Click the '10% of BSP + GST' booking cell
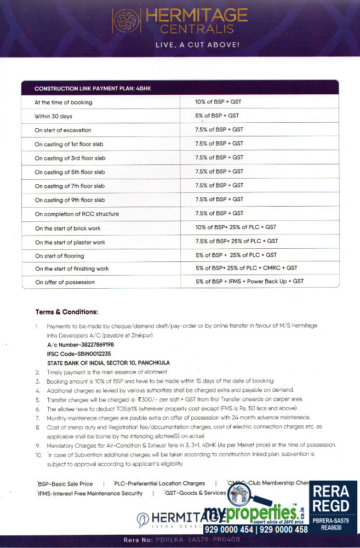click(x=219, y=102)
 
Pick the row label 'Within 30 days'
click(x=53, y=116)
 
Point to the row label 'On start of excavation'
click(x=63, y=130)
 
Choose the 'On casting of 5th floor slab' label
click(x=70, y=172)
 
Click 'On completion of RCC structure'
click(x=77, y=214)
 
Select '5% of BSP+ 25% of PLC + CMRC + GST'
click(x=246, y=268)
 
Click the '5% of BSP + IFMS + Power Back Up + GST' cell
click(x=249, y=281)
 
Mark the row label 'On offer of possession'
click(x=65, y=282)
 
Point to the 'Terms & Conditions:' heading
click(x=67, y=312)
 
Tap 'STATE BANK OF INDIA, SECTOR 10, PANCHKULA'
click(x=108, y=362)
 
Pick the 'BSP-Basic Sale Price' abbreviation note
click(x=65, y=483)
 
